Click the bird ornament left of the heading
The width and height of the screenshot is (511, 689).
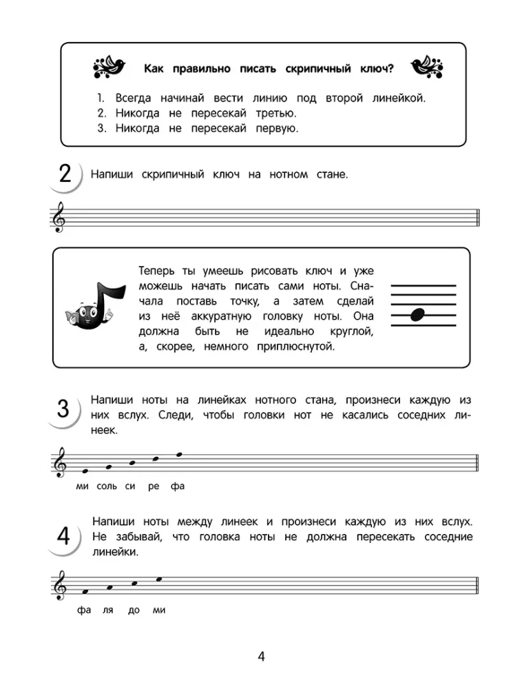(110, 68)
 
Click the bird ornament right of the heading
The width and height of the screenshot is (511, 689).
(426, 68)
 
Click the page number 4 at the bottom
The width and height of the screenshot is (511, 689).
(261, 656)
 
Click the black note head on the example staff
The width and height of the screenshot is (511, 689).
(417, 316)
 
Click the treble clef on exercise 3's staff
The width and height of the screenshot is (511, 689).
(60, 462)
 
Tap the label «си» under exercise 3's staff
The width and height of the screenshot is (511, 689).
(130, 486)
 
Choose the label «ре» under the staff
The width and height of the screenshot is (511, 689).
(154, 486)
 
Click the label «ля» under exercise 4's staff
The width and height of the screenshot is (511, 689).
(107, 610)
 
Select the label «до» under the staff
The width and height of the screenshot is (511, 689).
(134, 610)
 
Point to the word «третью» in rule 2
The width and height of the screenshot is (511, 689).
(274, 113)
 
